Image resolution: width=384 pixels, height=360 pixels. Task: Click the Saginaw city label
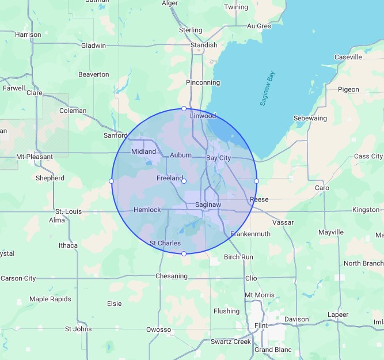coord(208,204)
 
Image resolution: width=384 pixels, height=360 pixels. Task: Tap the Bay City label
coord(218,157)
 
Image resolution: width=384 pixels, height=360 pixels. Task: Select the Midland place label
coord(143,151)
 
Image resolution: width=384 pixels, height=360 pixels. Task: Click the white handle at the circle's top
coord(184,108)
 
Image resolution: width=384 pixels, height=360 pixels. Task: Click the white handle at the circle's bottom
coord(184,253)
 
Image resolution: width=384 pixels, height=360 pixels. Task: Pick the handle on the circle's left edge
coord(111,181)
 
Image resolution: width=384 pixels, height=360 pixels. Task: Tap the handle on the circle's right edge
coord(256,181)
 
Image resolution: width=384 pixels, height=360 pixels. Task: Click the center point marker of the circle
coord(184,181)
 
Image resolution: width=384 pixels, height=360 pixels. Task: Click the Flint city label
coord(261,325)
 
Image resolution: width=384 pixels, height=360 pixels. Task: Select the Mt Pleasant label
coord(35,157)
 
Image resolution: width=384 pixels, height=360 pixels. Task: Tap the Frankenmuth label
coord(250,234)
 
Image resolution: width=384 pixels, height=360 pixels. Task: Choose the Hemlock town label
coord(147,210)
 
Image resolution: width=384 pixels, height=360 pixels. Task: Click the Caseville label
coord(348,57)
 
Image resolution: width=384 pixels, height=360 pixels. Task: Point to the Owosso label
coord(158,329)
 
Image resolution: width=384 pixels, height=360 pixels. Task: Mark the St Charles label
coord(165,243)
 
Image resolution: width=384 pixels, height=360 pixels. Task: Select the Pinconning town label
coord(203,83)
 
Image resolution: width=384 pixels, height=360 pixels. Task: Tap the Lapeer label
coord(338,314)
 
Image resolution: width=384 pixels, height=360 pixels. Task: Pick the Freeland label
coord(169,178)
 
